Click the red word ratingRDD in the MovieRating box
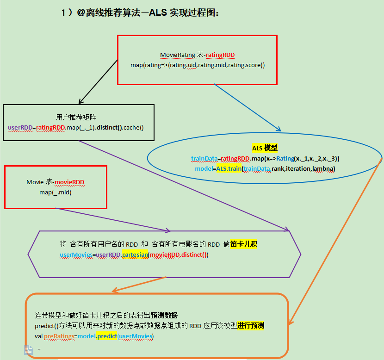pos(220,55)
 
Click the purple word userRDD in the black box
pos(19,126)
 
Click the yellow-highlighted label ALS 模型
pos(265,148)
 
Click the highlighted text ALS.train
pos(229,168)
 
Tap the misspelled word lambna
pos(324,168)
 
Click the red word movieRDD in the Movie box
pos(71,182)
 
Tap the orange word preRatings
pos(60,336)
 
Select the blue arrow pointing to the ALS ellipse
pos(248,107)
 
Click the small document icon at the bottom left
pos(29,349)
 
